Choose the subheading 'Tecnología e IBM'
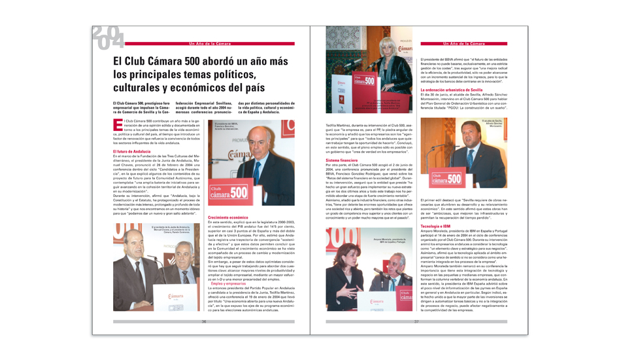pos(435,226)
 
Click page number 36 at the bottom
pos(203,321)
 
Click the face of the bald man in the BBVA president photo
pos(257,147)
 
